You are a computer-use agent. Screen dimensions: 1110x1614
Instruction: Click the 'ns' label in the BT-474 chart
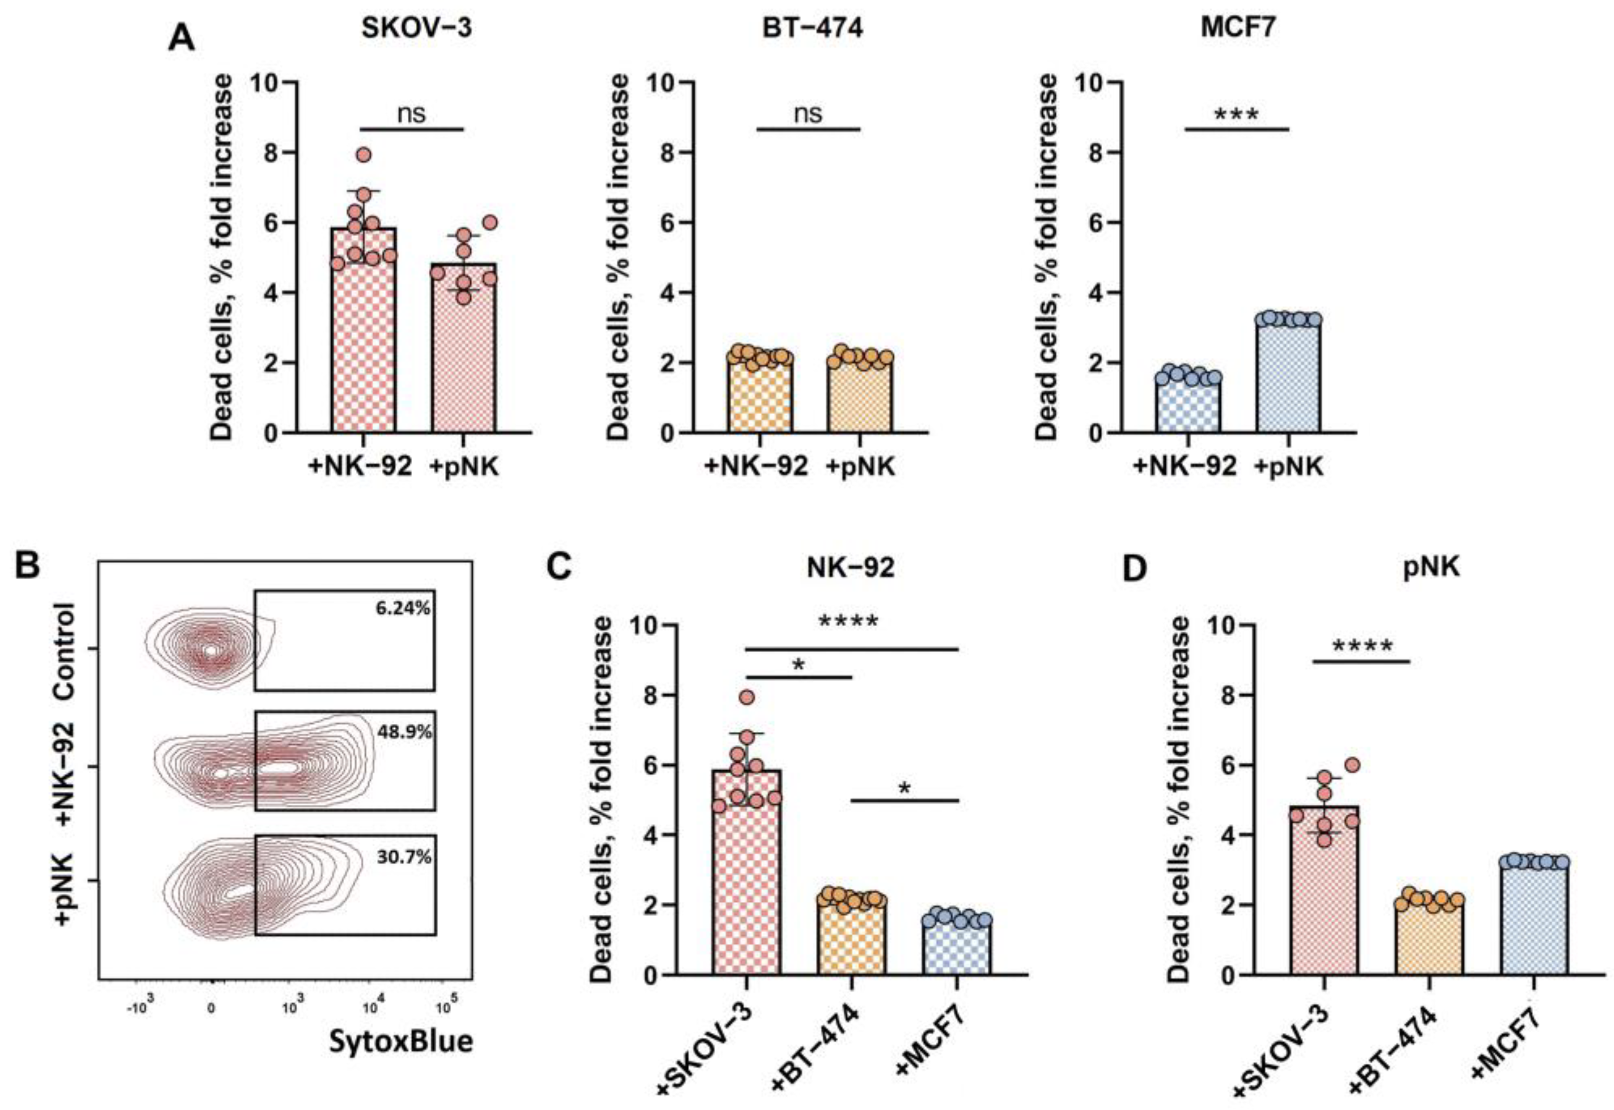[x=808, y=113]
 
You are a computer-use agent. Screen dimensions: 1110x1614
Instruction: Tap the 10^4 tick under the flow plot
[x=371, y=1006]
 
